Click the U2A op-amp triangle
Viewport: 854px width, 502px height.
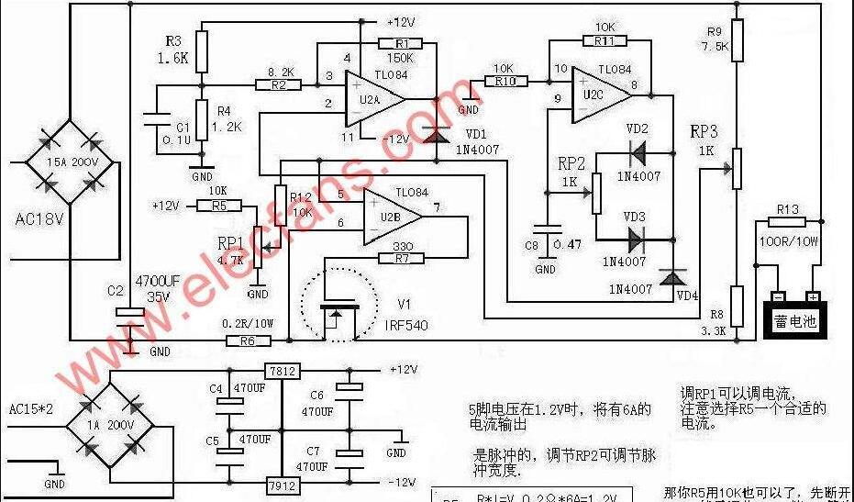[x=371, y=99]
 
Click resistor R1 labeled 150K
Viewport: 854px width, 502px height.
[x=400, y=43]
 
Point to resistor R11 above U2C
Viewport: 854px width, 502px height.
[x=604, y=40]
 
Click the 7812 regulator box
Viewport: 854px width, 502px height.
[x=283, y=371]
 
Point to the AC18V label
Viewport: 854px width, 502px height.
[x=41, y=220]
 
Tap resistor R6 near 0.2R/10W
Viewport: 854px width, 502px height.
[x=249, y=341]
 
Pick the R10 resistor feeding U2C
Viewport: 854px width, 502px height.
[x=504, y=82]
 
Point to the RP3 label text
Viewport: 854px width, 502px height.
[x=704, y=131]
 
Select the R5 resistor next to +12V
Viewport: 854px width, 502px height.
[x=217, y=206]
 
